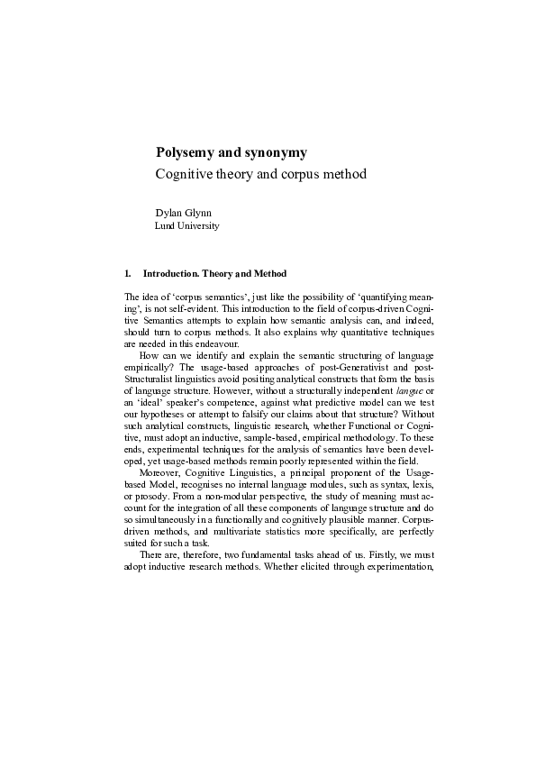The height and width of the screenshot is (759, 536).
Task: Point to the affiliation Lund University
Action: (x=187, y=226)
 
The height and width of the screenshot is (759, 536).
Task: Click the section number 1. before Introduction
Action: (x=129, y=273)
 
